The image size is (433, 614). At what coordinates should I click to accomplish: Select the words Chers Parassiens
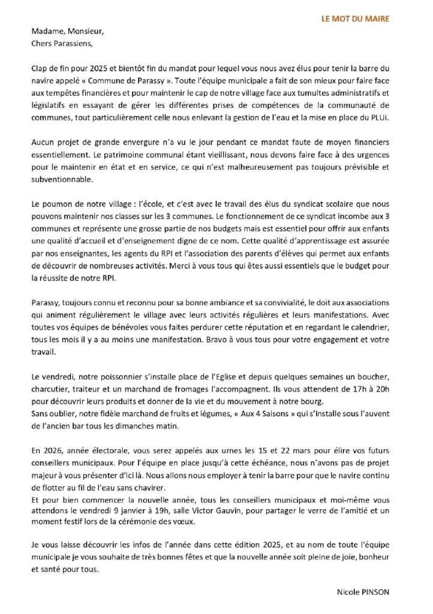tap(58, 44)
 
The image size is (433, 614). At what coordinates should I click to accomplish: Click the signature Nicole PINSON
tap(363, 592)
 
